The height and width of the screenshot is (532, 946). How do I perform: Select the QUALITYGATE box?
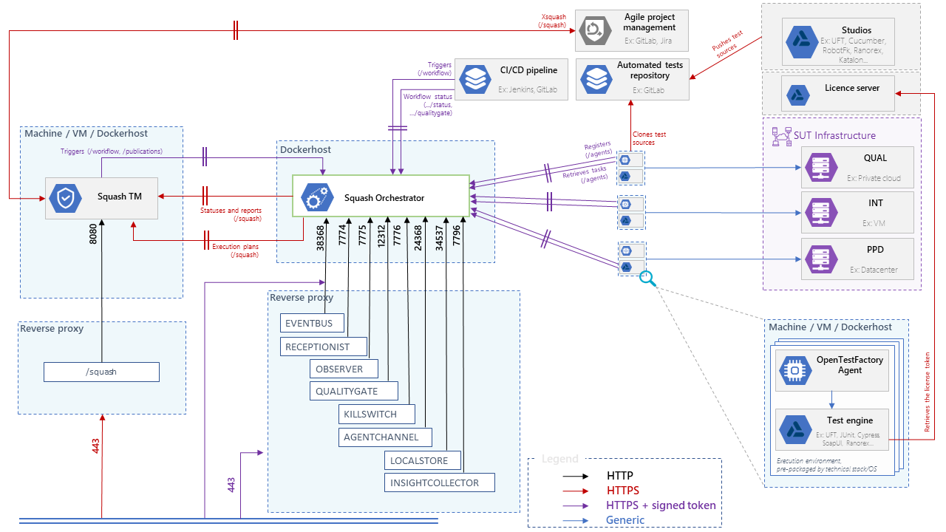tap(353, 391)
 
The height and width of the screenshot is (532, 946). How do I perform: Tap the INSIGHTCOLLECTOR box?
tap(439, 482)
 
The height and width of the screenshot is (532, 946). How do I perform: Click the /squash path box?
tap(101, 372)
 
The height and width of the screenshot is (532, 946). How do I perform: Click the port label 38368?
tap(321, 239)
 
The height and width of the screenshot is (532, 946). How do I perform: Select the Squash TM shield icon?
tap(63, 197)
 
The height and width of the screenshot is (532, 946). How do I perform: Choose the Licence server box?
tap(841, 93)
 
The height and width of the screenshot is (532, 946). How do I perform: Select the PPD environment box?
tap(857, 259)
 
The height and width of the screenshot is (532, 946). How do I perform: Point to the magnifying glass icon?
tap(647, 278)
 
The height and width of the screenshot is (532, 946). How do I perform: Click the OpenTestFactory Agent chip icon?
tap(794, 370)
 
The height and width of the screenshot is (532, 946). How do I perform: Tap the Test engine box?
tap(831, 430)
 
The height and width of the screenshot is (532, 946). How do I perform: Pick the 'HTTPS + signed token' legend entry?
tap(661, 505)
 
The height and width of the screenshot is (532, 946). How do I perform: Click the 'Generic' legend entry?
tap(625, 520)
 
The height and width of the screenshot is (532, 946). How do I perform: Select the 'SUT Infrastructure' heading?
tap(834, 135)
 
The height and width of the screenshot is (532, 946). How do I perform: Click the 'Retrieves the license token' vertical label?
tap(928, 392)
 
